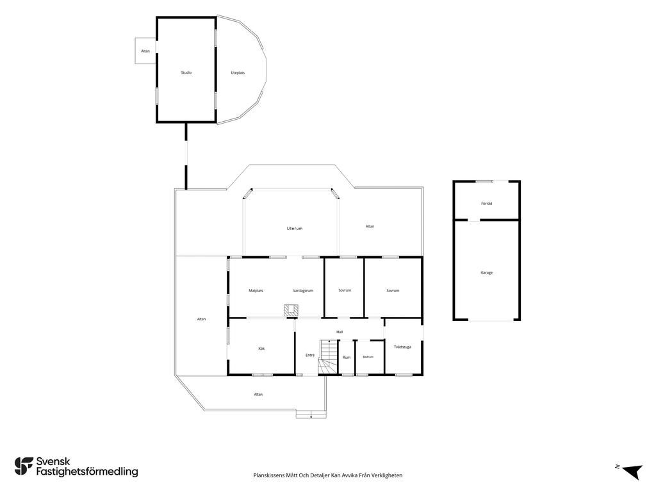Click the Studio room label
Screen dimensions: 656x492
[x=186, y=73]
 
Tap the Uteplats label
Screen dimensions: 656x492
[x=238, y=73]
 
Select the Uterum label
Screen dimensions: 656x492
[x=295, y=229]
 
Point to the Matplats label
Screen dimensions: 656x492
[x=256, y=291]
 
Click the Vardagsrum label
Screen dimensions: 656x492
[x=303, y=291]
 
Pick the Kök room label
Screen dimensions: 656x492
[x=261, y=348]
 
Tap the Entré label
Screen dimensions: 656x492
[x=310, y=355]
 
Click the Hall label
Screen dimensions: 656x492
[x=340, y=332]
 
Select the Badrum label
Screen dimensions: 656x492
[x=368, y=357]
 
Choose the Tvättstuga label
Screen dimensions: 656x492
[x=402, y=347]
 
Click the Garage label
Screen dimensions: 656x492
[x=487, y=273]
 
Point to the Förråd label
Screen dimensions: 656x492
[x=487, y=204]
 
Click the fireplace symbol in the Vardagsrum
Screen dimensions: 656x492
[x=291, y=310]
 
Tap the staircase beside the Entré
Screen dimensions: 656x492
[x=329, y=357]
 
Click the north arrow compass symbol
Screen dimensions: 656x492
[x=632, y=471]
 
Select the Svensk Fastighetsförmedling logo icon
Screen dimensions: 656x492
[x=24, y=466]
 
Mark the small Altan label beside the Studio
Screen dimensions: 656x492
[x=145, y=51]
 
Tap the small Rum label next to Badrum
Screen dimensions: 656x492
[x=347, y=357]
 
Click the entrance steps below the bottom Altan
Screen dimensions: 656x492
[x=311, y=414]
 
